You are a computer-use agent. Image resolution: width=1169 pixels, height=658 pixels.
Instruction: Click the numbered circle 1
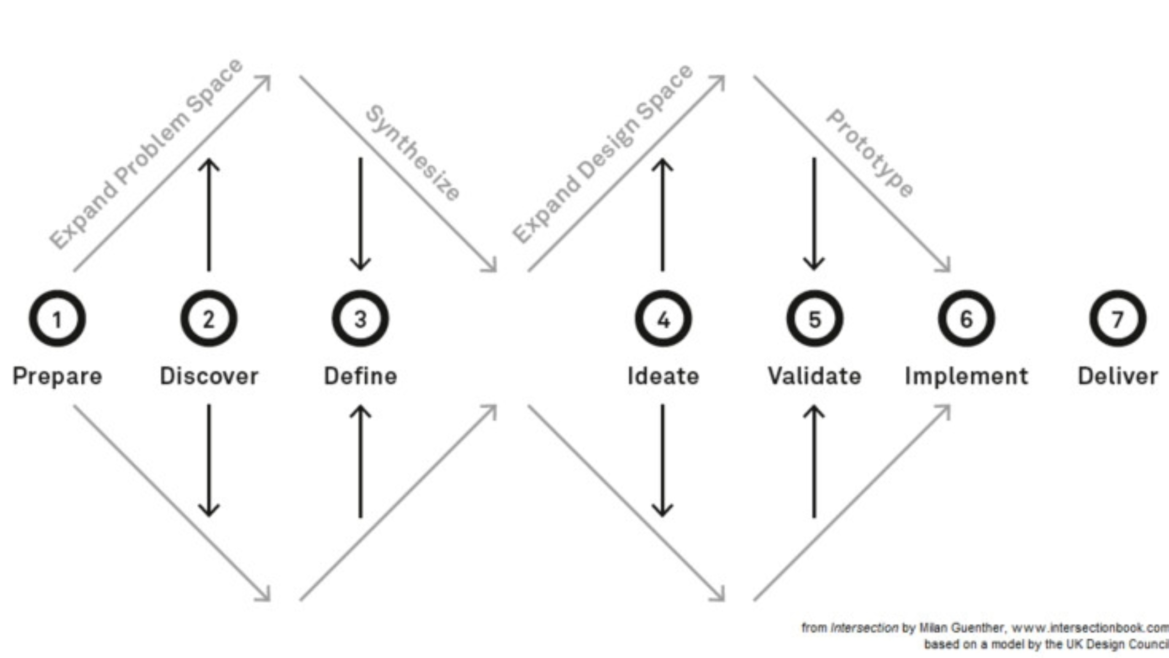tap(57, 318)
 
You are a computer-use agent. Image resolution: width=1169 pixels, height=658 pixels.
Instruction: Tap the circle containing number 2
tap(209, 318)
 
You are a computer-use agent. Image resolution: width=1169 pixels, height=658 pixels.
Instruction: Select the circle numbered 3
tap(360, 318)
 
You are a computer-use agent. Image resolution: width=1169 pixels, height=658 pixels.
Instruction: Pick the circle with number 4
tap(663, 318)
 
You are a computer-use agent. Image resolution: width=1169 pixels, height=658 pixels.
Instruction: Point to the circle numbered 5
tap(815, 318)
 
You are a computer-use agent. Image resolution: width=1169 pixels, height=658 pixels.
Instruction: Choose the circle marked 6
tap(966, 318)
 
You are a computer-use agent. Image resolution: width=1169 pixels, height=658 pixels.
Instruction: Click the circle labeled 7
tap(1118, 318)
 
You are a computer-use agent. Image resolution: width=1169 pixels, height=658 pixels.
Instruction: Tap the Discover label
tap(209, 376)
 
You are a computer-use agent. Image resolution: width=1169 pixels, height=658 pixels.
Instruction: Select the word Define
tap(360, 376)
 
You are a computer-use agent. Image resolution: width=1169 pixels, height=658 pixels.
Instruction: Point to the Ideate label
tap(663, 376)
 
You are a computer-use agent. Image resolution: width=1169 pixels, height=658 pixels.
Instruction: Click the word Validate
tap(815, 376)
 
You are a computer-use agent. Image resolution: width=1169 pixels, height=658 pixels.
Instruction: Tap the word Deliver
tap(1118, 376)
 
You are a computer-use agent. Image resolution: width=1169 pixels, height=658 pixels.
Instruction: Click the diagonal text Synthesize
tap(413, 153)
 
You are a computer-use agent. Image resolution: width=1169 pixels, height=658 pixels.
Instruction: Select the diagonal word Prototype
tap(870, 153)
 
